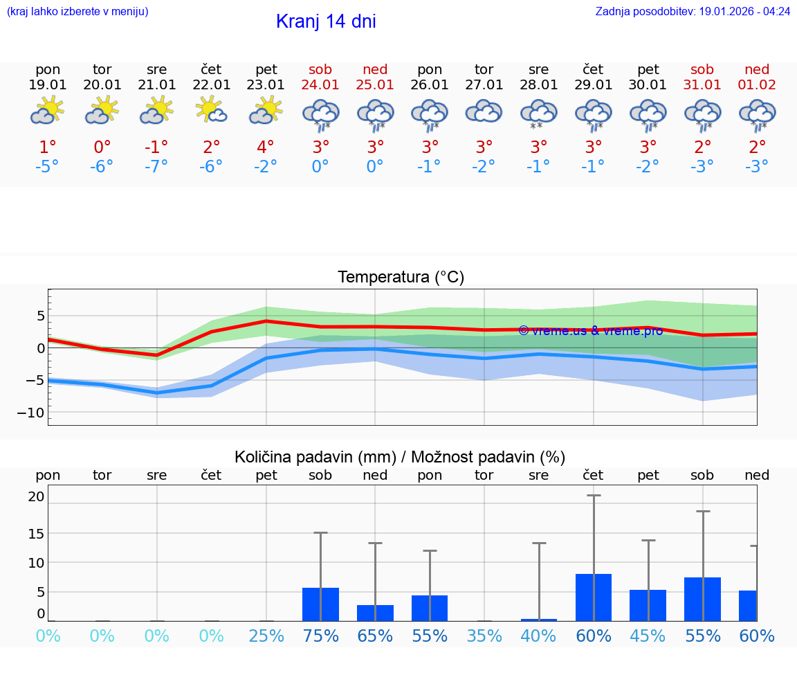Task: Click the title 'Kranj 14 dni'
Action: pyautogui.click(x=326, y=21)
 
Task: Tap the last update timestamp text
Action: pyautogui.click(x=693, y=11)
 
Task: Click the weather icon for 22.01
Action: pyautogui.click(x=212, y=110)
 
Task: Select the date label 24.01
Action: pyautogui.click(x=320, y=84)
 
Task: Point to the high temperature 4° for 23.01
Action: pyautogui.click(x=266, y=147)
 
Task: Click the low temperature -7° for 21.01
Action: pyautogui.click(x=157, y=166)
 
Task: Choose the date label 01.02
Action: pyautogui.click(x=757, y=84)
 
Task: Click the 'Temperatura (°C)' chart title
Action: pyautogui.click(x=401, y=278)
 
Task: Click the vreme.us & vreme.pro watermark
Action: pyautogui.click(x=590, y=330)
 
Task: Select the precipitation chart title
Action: pyautogui.click(x=400, y=457)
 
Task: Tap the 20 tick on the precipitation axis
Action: pyautogui.click(x=37, y=496)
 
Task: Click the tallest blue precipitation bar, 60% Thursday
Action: pyautogui.click(x=594, y=597)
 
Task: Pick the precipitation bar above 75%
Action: pyautogui.click(x=320, y=604)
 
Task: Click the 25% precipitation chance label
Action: pyautogui.click(x=266, y=636)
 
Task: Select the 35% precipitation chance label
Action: pyautogui.click(x=484, y=636)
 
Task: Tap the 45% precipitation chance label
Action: pyautogui.click(x=648, y=636)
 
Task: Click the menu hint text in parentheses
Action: pyautogui.click(x=77, y=11)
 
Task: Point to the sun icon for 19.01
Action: pyautogui.click(x=47, y=110)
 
